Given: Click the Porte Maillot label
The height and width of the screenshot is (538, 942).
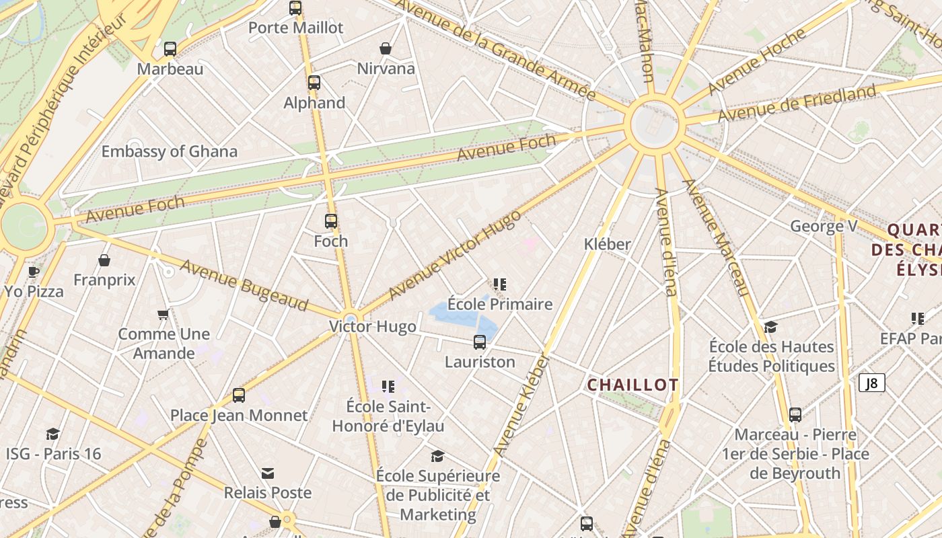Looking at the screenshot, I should tap(295, 28).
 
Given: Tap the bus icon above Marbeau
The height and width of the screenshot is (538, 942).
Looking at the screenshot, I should tap(170, 48).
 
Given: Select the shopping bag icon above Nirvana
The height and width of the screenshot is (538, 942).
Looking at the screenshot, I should tap(386, 48).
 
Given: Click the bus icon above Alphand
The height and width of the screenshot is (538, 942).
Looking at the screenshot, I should tap(314, 83).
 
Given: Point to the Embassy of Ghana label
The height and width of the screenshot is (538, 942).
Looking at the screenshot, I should tap(169, 151).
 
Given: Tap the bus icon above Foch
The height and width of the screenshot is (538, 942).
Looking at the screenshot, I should tap(331, 221).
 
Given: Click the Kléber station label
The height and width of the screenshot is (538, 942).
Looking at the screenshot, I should tap(608, 244).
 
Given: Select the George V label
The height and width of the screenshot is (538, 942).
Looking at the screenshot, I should tap(824, 226).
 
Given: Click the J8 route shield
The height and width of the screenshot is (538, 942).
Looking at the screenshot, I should tap(871, 383).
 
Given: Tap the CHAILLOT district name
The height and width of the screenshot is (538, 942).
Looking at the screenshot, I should tap(632, 385).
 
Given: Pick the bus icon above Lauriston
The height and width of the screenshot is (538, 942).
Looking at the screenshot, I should tap(480, 342).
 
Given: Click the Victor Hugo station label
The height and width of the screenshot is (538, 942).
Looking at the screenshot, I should tap(372, 327).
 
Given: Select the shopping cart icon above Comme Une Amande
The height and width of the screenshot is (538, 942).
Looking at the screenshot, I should tap(164, 314).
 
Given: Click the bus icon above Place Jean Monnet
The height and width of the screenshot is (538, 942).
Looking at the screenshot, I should tap(239, 395).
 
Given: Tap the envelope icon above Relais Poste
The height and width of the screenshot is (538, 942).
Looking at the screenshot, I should tap(268, 473).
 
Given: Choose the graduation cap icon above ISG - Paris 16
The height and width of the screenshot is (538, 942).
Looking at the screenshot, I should tap(53, 434).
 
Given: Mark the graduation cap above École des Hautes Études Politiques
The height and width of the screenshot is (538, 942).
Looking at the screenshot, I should tap(771, 327).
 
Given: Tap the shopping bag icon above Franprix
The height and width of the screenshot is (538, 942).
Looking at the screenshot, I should tap(104, 260).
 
